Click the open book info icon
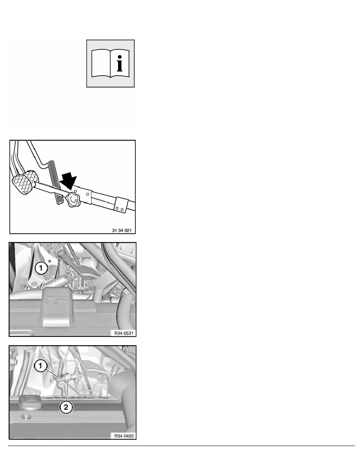(110, 64)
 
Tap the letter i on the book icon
(120, 63)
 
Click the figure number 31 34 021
(122, 230)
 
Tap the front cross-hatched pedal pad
(22, 185)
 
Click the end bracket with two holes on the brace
(121, 206)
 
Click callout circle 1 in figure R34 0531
(41, 268)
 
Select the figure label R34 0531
(124, 333)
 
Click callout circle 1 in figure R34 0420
(41, 366)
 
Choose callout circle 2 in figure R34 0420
(66, 407)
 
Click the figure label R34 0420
(124, 436)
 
